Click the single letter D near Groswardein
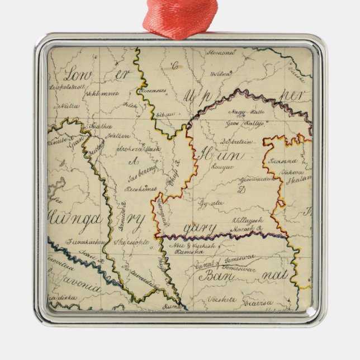242,190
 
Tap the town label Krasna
281,160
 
